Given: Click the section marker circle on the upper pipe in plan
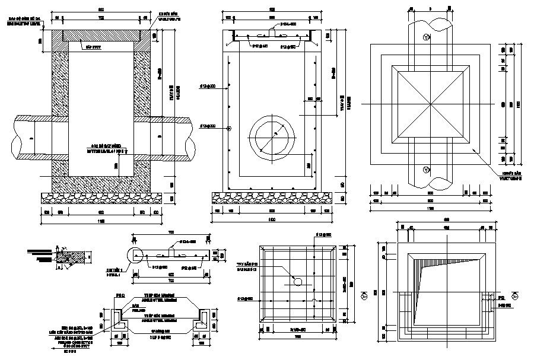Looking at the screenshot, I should pyautogui.click(x=426, y=38).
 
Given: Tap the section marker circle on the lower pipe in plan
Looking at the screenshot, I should pyautogui.click(x=426, y=171).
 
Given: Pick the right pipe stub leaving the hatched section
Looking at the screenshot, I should pyautogui.click(x=172, y=138).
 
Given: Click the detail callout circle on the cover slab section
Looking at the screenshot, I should pyautogui.click(x=135, y=255).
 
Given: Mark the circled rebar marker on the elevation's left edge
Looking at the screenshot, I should pyautogui.click(x=229, y=127).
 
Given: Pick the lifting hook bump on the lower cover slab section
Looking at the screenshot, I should pyautogui.click(x=171, y=250).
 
